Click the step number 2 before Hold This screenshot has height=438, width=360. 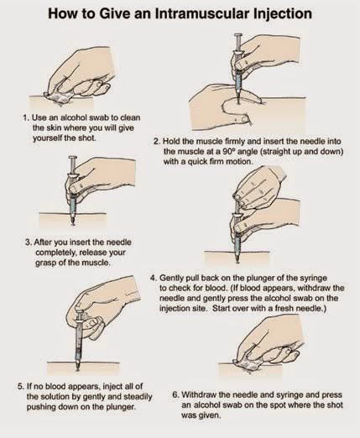(x=156, y=141)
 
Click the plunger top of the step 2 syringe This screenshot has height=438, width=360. (x=238, y=35)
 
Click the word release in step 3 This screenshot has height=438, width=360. (x=93, y=253)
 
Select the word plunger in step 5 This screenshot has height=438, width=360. (x=120, y=407)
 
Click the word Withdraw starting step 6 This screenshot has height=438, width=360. (x=197, y=395)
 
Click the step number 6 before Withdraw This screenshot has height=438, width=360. (x=175, y=395)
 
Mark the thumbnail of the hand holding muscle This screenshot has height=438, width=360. (x=246, y=119)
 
